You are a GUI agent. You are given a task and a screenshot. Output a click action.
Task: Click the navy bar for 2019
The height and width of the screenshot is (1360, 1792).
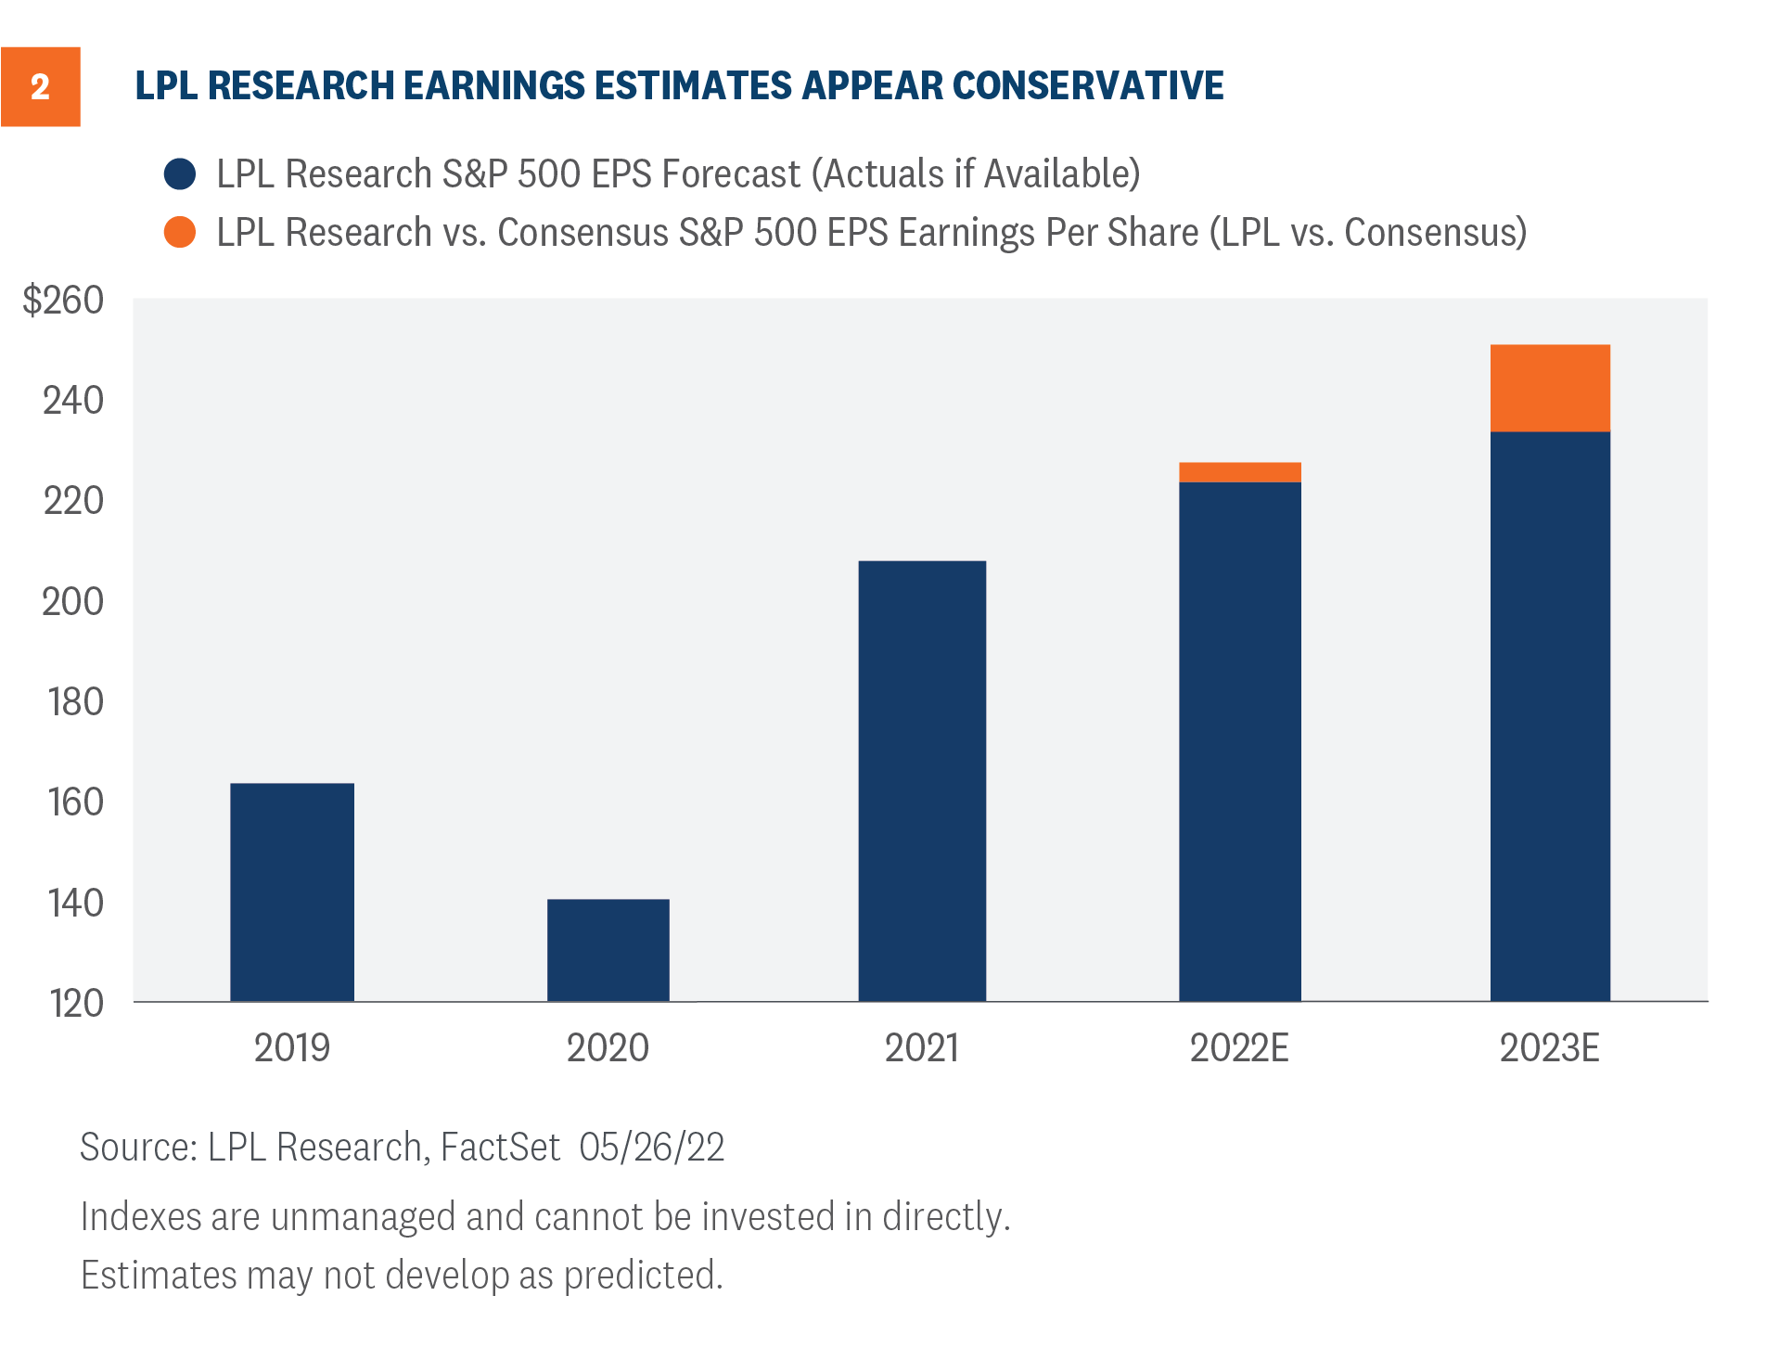click(291, 892)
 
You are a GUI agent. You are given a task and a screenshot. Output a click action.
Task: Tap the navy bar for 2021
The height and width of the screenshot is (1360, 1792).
click(921, 780)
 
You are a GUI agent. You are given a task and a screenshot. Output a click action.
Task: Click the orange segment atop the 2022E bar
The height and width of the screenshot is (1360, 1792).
click(1239, 472)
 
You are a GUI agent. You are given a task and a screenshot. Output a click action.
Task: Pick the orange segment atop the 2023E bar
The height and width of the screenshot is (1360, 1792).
click(1549, 388)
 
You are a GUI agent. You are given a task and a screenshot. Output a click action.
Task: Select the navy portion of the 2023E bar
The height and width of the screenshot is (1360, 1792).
click(1549, 715)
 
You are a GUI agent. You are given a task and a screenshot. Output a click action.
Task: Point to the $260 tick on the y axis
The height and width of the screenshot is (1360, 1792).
click(63, 301)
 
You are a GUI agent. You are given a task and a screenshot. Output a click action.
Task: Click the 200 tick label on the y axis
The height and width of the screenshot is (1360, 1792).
click(72, 602)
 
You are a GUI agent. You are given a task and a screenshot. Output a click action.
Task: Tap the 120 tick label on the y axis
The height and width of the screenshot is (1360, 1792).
click(75, 1004)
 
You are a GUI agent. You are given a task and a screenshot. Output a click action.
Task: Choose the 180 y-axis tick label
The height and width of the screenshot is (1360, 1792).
click(75, 702)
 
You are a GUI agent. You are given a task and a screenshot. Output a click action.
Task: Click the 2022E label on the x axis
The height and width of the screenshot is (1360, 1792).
click(1239, 1048)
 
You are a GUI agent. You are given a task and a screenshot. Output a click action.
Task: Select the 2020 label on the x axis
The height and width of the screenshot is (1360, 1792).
click(608, 1048)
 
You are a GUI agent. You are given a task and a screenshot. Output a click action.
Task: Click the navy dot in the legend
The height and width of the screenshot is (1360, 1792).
click(180, 174)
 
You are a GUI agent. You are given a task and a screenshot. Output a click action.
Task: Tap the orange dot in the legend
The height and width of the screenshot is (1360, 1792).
click(180, 232)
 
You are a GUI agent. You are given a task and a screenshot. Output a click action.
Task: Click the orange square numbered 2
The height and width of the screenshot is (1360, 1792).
click(40, 86)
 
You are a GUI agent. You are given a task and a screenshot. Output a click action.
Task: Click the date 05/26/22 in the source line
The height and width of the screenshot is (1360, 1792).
click(651, 1148)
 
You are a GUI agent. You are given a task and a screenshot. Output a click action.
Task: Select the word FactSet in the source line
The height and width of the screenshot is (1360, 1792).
click(500, 1148)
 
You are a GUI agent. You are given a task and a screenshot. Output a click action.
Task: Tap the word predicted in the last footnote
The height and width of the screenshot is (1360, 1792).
click(642, 1276)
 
